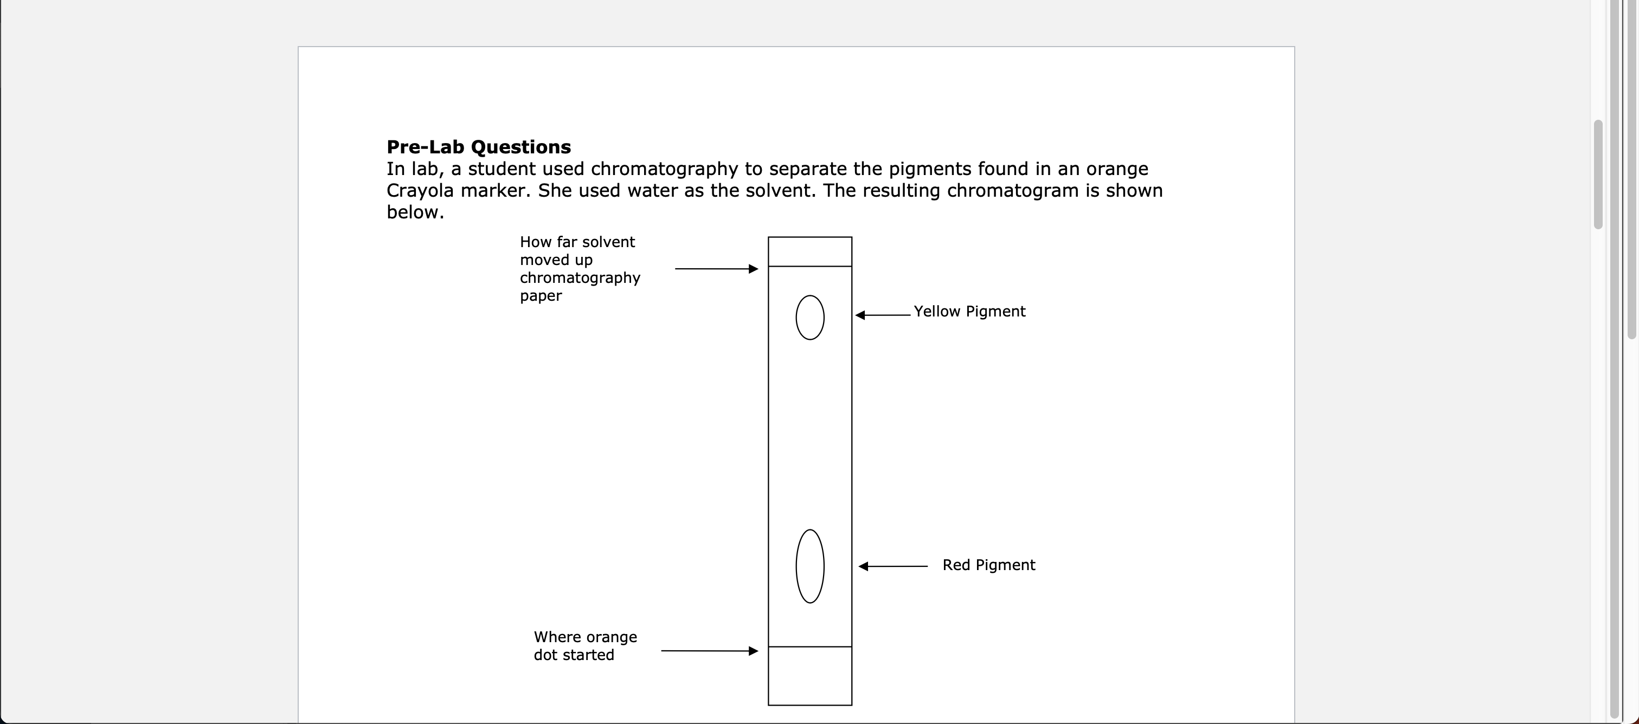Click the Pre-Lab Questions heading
pos(478,147)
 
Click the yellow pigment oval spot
pos(810,318)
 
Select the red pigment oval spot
pos(810,566)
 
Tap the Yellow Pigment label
pos(969,312)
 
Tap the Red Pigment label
pos(989,565)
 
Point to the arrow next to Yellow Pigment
pos(883,315)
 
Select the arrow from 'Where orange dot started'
pos(709,651)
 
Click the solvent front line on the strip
pos(810,267)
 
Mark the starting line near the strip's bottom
pos(810,647)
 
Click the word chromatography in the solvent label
pos(580,278)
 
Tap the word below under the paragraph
pos(415,212)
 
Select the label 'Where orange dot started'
pos(584,646)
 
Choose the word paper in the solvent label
pos(541,296)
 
